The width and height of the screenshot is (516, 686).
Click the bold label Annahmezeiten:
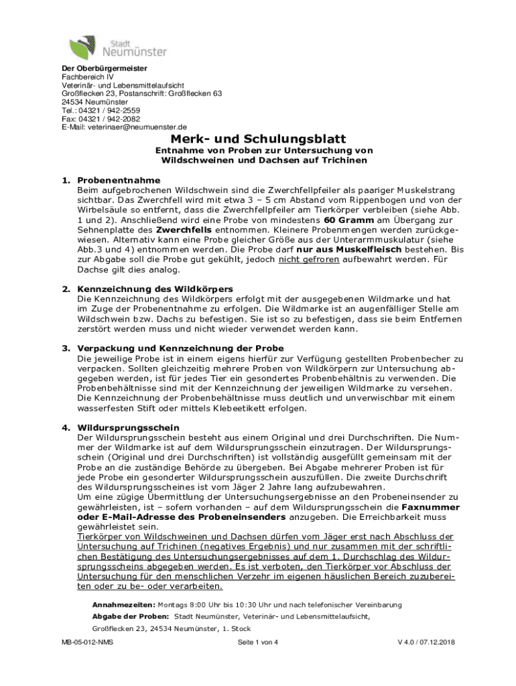click(x=118, y=604)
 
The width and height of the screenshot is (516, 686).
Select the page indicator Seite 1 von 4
click(x=257, y=643)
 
